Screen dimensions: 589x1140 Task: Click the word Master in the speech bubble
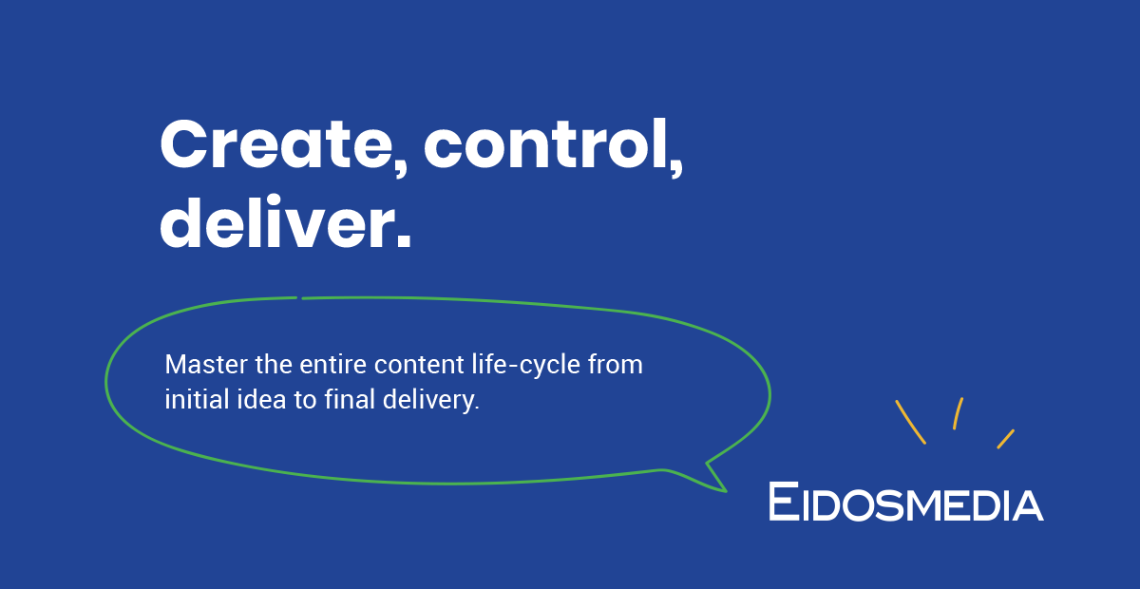point(198,365)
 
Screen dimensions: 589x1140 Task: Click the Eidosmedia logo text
point(905,502)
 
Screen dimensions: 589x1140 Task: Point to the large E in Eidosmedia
point(784,501)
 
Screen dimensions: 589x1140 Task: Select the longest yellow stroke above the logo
point(910,422)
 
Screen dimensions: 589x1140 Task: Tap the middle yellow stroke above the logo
point(959,413)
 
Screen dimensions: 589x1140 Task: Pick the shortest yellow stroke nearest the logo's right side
point(1005,439)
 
